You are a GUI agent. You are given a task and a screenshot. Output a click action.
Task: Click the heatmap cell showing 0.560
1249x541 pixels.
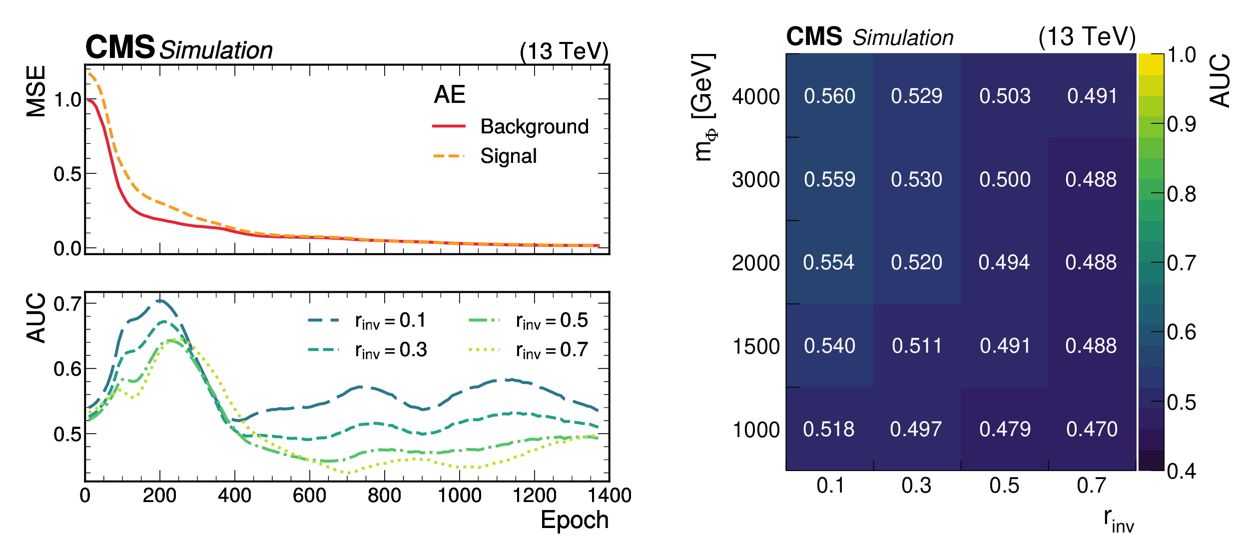click(x=829, y=96)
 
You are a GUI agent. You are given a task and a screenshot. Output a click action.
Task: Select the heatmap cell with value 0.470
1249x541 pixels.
click(x=1092, y=429)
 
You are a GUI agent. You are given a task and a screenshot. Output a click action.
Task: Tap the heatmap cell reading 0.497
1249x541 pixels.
click(x=916, y=429)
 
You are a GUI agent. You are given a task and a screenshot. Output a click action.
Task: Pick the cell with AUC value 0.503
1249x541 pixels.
click(x=1005, y=96)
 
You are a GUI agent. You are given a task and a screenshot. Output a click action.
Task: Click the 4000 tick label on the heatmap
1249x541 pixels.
click(x=755, y=96)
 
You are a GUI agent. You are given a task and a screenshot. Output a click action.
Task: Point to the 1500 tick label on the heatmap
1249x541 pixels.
click(x=755, y=346)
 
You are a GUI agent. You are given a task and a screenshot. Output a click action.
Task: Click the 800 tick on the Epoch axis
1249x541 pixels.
click(x=384, y=496)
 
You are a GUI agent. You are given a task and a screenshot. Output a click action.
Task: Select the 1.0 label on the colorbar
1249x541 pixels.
click(x=1181, y=55)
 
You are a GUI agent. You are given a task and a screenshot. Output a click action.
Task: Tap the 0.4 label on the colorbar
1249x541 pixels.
click(x=1181, y=471)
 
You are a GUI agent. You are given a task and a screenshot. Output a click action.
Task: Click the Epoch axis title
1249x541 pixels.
click(x=575, y=520)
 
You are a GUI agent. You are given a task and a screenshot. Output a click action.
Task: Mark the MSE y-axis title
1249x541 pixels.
click(x=36, y=91)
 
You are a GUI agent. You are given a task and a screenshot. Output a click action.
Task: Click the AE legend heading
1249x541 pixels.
click(x=450, y=94)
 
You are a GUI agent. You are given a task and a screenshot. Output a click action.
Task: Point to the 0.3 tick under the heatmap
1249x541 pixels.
click(x=916, y=486)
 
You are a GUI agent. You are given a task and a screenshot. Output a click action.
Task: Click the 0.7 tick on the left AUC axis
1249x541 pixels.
click(x=67, y=304)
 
